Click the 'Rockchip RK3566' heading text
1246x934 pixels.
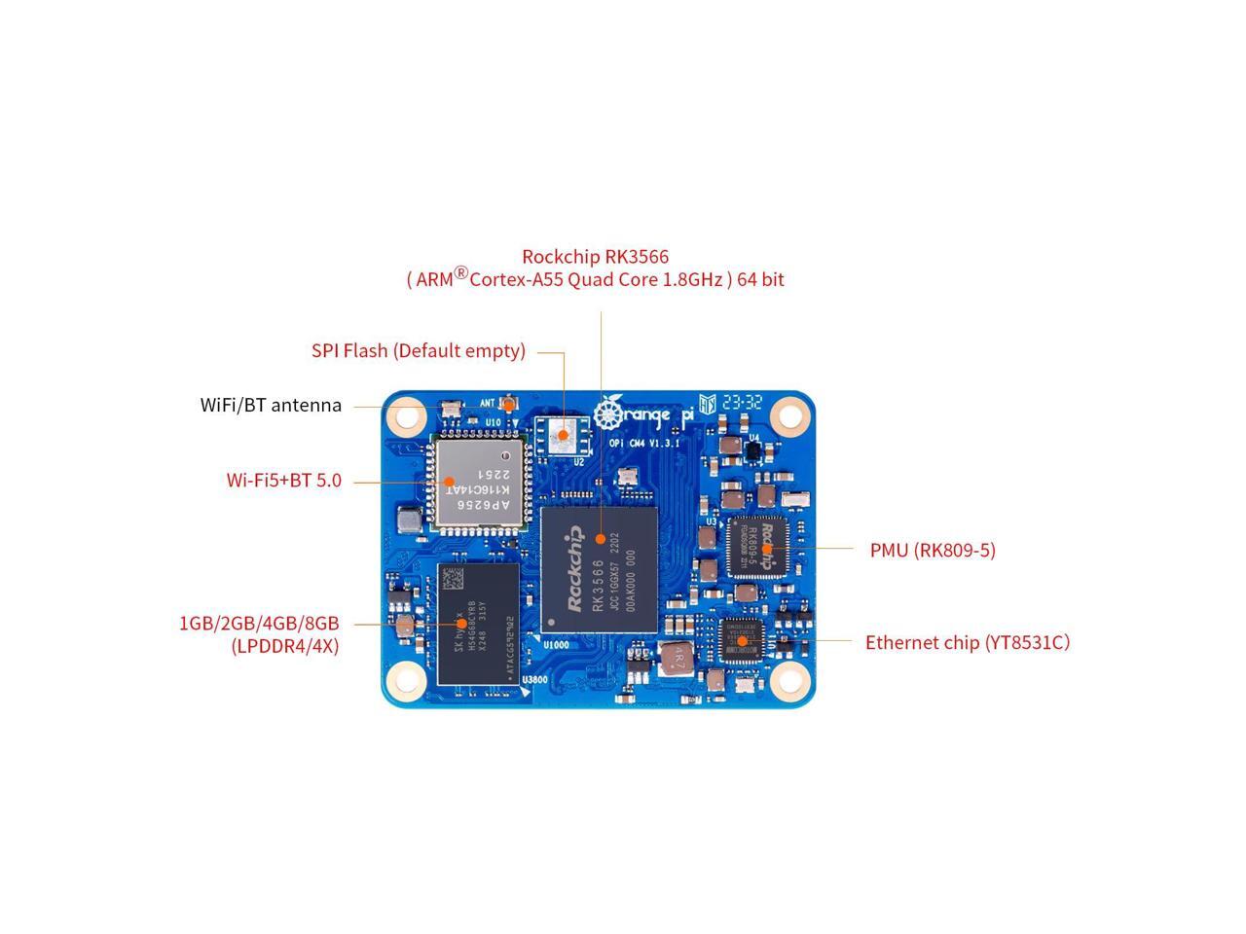595,257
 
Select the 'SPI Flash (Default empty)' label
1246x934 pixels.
418,350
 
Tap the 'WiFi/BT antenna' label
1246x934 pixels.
271,405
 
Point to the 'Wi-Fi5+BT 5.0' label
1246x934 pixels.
283,480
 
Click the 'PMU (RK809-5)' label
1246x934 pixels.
932,550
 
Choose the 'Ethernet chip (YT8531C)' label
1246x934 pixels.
967,642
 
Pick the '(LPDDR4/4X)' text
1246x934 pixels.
284,645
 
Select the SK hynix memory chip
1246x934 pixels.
477,623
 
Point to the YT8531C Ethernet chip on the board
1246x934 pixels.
742,640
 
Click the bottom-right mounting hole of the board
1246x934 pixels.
789,681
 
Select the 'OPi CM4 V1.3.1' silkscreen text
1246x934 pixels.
643,443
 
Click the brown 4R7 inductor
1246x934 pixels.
675,659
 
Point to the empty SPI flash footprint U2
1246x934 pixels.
561,436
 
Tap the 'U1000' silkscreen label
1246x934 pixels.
556,644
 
